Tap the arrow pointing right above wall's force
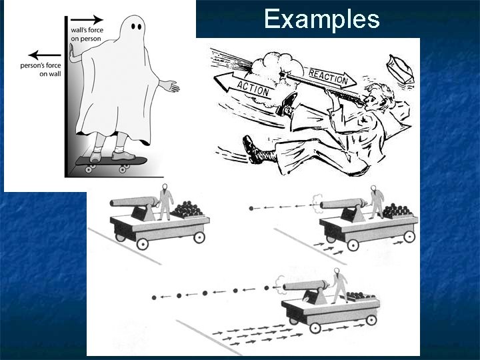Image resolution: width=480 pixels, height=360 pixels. [88, 19]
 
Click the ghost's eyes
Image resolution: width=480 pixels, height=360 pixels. [136, 27]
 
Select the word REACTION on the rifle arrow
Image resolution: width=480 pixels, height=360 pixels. [327, 75]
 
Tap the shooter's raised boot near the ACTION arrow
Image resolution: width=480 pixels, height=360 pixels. [288, 102]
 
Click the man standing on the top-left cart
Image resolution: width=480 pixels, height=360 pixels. [164, 201]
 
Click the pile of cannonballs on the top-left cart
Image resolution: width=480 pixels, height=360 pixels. [190, 211]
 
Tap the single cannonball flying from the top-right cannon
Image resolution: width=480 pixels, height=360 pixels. [251, 209]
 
